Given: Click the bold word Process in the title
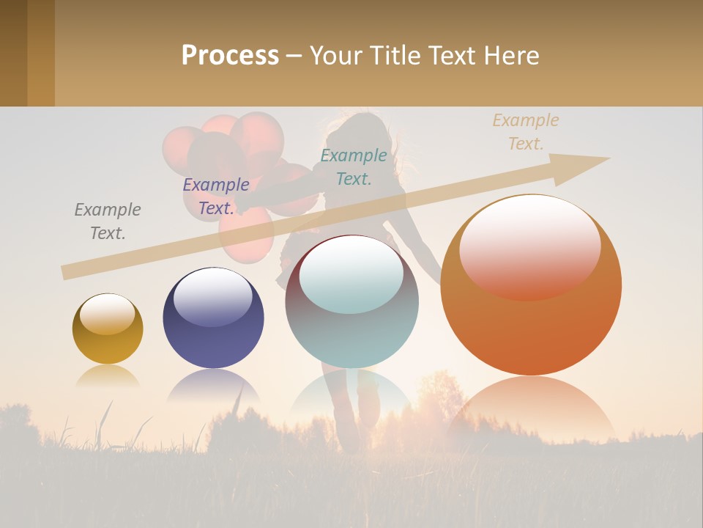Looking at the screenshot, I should (230, 55).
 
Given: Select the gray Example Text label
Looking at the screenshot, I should (108, 221).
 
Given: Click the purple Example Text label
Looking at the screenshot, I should (216, 197).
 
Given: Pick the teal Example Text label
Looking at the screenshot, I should (354, 166).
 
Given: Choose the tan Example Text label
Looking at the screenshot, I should (526, 132).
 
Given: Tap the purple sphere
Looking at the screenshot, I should (213, 323).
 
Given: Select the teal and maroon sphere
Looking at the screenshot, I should (351, 308).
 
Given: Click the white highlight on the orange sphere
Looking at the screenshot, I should (529, 246).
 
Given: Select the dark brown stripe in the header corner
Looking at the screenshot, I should (13, 53).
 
